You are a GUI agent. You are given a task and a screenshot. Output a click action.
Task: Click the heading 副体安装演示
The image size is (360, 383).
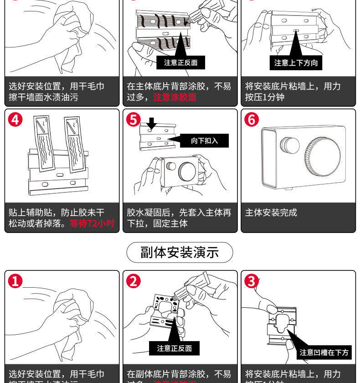click(x=180, y=252)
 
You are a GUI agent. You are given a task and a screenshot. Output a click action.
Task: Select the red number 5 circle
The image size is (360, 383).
click(x=134, y=120)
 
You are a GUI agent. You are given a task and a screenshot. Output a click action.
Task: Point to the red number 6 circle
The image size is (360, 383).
click(x=252, y=120)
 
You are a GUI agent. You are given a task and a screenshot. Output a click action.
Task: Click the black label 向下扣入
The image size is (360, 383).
click(x=205, y=140)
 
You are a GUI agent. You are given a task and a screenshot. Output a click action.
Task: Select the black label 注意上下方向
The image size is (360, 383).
click(x=296, y=63)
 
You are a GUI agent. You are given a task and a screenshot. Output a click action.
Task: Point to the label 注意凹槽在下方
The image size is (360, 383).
click(x=324, y=352)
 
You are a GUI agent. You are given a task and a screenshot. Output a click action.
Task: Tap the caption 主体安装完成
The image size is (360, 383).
click(x=271, y=212)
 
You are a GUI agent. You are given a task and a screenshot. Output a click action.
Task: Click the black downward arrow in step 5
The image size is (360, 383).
click(x=152, y=122)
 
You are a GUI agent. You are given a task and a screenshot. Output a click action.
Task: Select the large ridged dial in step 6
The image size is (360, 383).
click(x=323, y=156)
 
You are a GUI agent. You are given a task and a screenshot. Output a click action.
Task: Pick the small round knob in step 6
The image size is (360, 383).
click(x=289, y=146)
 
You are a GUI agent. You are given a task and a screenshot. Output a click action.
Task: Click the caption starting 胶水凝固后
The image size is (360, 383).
click(x=179, y=218)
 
